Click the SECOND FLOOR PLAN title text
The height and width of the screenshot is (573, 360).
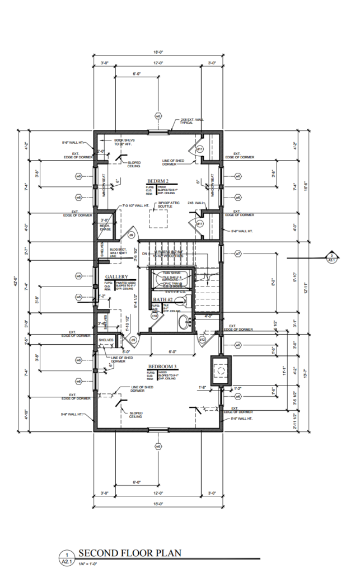(x=129, y=552)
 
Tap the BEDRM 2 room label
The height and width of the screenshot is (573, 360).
(x=158, y=181)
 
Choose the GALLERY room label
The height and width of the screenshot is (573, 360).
(x=116, y=277)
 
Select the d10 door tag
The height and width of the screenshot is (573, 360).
(x=154, y=315)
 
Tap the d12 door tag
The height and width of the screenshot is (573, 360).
(x=202, y=339)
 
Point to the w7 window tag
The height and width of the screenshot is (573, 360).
(x=238, y=254)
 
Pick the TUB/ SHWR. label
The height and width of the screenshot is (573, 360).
(x=171, y=273)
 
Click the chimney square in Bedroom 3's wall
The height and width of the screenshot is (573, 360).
(x=221, y=370)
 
